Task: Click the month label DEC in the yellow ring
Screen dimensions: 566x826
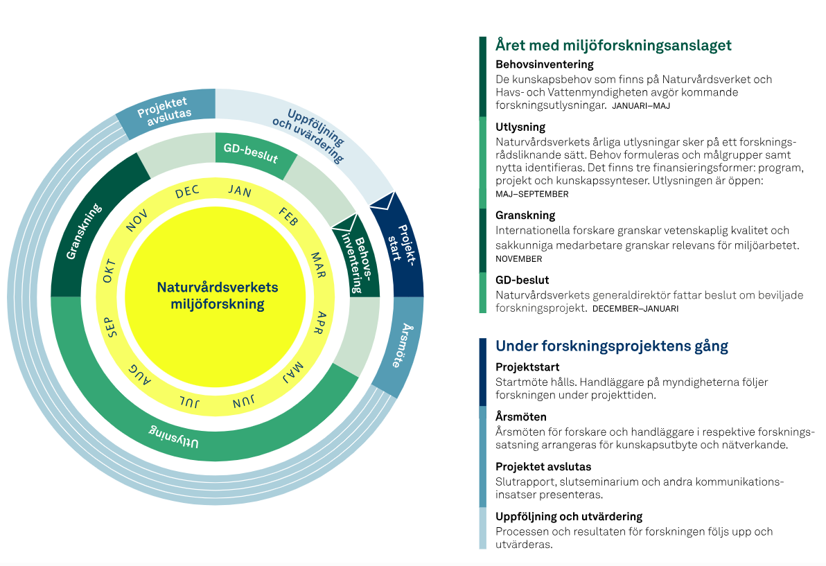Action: point(187,193)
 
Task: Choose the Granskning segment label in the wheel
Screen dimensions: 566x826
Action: point(84,231)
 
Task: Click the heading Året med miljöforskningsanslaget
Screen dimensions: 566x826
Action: point(613,46)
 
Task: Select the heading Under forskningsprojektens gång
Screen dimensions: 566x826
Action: point(611,346)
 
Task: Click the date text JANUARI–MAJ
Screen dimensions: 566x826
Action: point(640,106)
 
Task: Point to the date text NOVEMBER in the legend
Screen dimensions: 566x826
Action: point(518,259)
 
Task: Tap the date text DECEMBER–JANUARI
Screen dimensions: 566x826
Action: point(635,309)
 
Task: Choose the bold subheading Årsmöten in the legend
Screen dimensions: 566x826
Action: point(520,417)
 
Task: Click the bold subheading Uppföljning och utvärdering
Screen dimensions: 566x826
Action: point(568,516)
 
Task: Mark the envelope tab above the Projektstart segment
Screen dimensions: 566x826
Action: point(381,201)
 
